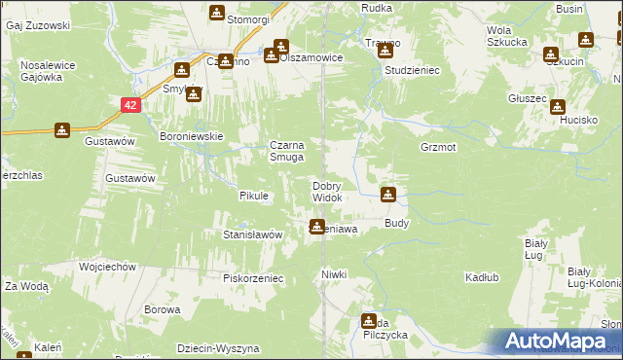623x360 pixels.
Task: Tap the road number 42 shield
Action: pyautogui.click(x=129, y=102)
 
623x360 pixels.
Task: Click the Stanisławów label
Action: pyautogui.click(x=252, y=234)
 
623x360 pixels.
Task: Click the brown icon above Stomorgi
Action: pyautogui.click(x=215, y=14)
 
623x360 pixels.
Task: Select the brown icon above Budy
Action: pyautogui.click(x=388, y=195)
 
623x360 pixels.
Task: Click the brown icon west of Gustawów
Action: pyautogui.click(x=61, y=130)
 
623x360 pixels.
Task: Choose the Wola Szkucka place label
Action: pyautogui.click(x=507, y=36)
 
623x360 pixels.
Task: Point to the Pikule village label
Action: pyautogui.click(x=253, y=196)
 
